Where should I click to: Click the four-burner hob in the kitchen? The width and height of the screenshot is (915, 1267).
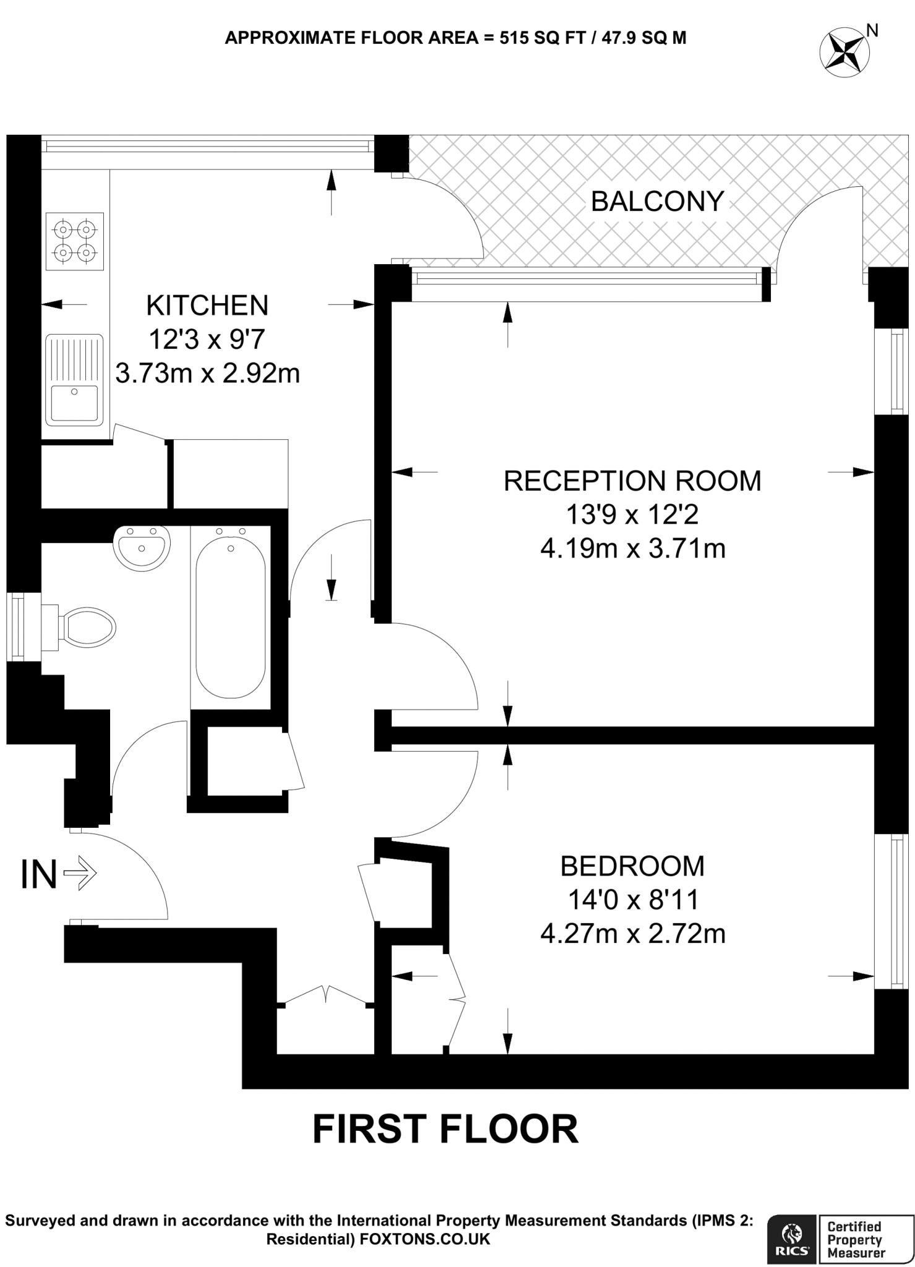(x=74, y=241)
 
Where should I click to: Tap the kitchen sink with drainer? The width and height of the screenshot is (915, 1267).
(x=74, y=380)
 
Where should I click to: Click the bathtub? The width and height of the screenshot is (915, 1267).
(x=231, y=617)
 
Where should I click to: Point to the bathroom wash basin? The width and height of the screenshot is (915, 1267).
(x=142, y=547)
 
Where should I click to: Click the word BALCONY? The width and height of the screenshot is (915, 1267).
(x=657, y=202)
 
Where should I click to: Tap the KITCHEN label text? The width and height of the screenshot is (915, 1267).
(x=207, y=306)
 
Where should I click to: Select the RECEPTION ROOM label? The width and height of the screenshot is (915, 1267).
(x=632, y=481)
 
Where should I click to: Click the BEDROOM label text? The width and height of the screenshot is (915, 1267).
(x=632, y=866)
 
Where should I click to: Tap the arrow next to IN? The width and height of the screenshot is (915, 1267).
(x=80, y=874)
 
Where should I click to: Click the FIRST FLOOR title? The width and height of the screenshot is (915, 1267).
(x=445, y=1129)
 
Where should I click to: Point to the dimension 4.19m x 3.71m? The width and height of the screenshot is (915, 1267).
(x=632, y=549)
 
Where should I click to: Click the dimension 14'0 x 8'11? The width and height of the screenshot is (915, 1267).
(x=632, y=900)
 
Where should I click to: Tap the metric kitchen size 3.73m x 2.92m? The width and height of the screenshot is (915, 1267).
(x=207, y=374)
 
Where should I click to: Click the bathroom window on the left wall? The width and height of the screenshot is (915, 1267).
(x=17, y=627)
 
